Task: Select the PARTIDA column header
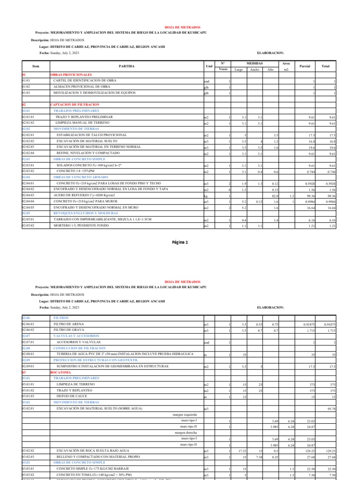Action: coord(127,67)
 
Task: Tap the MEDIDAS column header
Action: coord(255,63)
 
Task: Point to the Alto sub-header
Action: coord(270,69)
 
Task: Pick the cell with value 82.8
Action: coord(275,195)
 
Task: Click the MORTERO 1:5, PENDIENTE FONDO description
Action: coord(88,226)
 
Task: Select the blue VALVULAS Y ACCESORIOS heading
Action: coord(76,336)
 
